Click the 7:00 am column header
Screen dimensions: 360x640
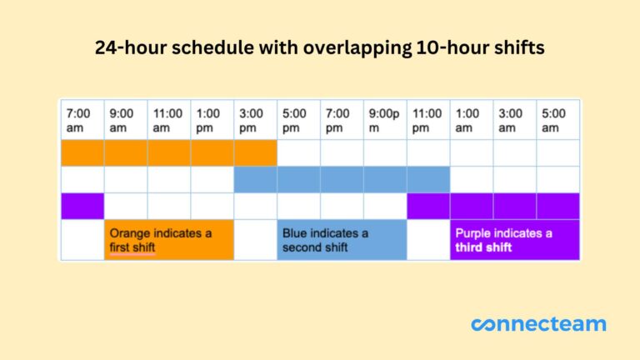tap(82, 120)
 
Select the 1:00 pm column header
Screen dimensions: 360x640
tap(212, 120)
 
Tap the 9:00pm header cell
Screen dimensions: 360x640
tap(385, 120)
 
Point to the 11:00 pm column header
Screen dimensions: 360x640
tap(428, 120)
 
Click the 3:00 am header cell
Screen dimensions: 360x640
tap(514, 120)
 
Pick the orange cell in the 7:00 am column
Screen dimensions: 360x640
tap(82, 152)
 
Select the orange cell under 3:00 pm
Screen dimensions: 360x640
tap(255, 152)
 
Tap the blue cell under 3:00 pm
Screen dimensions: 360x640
tap(255, 179)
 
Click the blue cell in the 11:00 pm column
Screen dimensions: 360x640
tap(428, 179)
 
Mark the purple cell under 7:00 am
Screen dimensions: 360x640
tap(82, 206)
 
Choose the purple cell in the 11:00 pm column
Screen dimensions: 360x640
tap(428, 206)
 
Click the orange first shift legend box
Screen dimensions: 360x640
tap(169, 240)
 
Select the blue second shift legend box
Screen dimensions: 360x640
tap(342, 240)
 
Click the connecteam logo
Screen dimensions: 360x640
tap(538, 324)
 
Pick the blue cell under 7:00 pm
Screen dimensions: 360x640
tap(342, 179)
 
